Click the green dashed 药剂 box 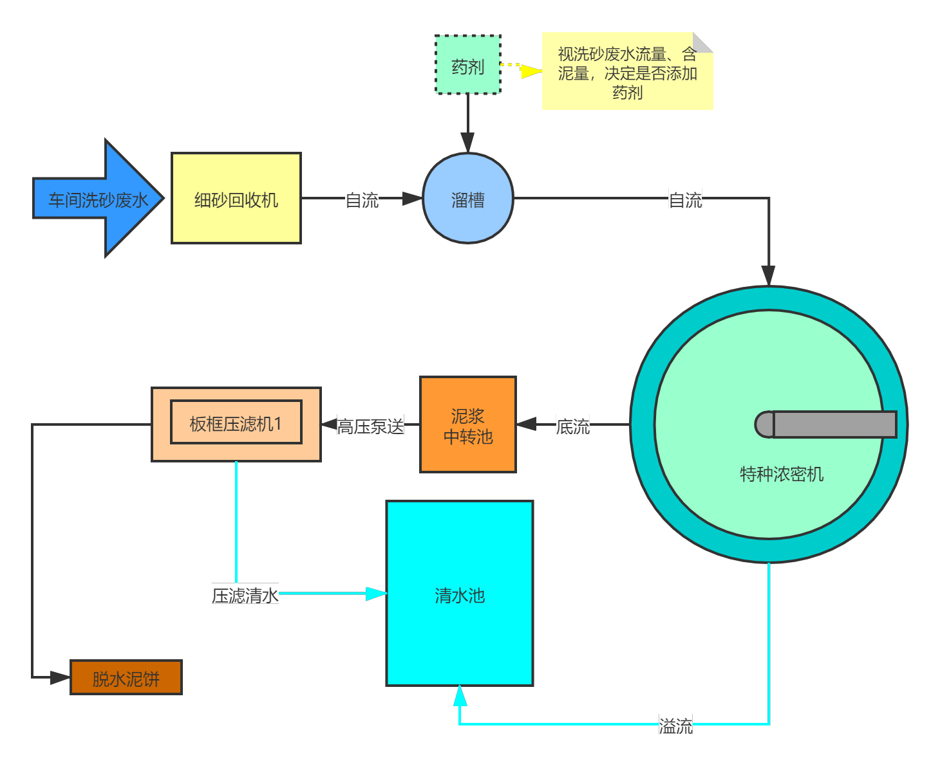467,65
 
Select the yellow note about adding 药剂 627,72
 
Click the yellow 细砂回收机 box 236,199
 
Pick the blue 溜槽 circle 467,199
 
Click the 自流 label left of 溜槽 362,199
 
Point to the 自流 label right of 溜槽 685,199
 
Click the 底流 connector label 572,426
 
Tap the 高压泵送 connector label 370,426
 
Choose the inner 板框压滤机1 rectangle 236,423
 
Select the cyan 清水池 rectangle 459,594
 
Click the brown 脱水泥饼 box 126,678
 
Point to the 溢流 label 675,725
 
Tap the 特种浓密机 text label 781,474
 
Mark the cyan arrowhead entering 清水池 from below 460,696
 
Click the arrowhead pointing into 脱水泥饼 60,677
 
